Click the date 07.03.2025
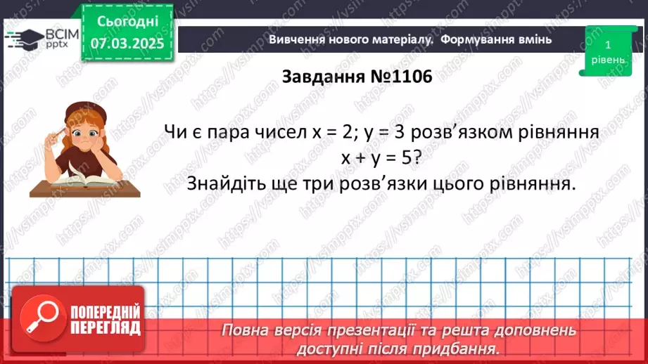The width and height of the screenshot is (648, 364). click(x=127, y=44)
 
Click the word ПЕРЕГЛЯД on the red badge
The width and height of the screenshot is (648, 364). click(x=106, y=327)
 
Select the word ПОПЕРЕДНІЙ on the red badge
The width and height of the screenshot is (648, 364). click(x=106, y=311)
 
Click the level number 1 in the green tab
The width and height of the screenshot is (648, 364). click(x=607, y=44)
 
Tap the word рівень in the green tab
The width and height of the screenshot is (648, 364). click(x=607, y=60)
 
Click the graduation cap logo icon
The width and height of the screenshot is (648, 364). click(x=23, y=38)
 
